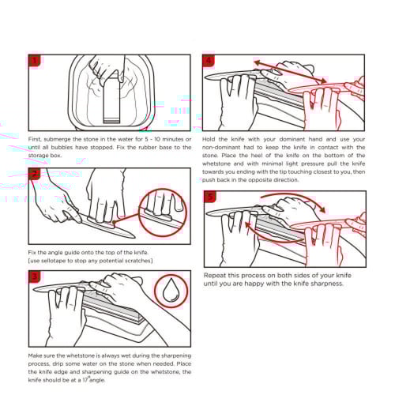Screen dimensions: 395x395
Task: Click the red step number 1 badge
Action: pos(35,61)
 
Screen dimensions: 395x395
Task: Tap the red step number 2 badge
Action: pos(35,174)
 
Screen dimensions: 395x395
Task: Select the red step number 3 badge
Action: pos(35,276)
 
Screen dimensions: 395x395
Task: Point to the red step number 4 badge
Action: pos(209,61)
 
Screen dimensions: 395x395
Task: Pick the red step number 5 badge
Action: pos(210,197)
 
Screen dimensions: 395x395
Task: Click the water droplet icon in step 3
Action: pos(171,290)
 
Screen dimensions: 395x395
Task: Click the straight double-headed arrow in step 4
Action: pos(291,71)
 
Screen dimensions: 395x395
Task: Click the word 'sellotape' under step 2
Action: pos(55,261)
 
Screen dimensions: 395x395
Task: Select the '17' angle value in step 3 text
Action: pos(85,380)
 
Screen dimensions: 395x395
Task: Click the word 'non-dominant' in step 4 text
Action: pos(217,148)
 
